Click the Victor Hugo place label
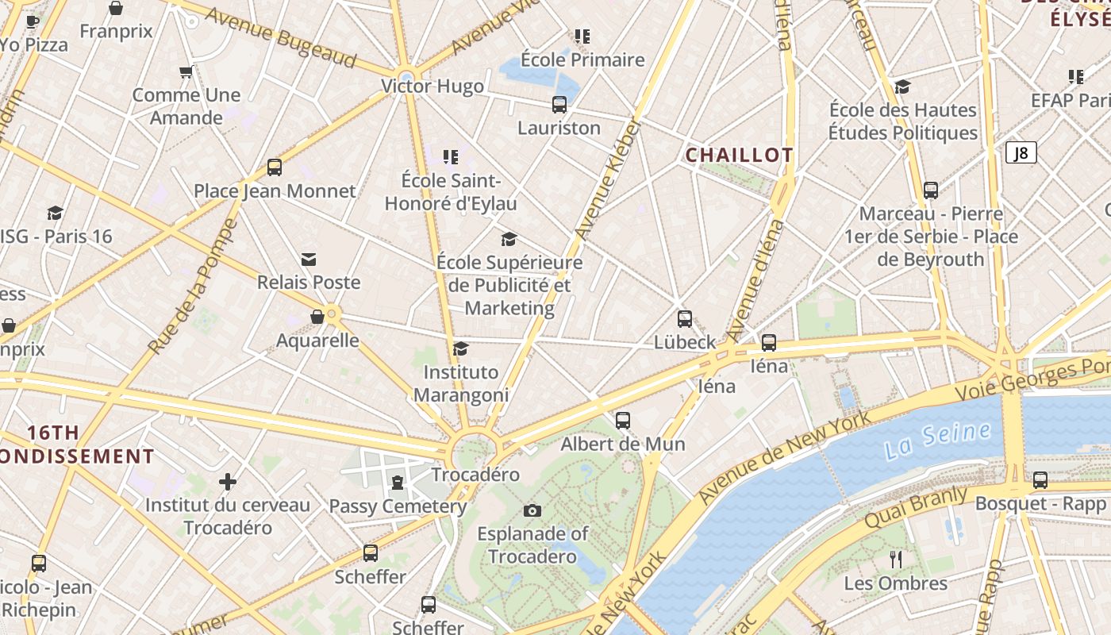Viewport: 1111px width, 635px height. [432, 87]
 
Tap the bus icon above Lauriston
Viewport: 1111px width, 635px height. [559, 104]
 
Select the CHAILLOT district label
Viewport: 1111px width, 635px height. [739, 156]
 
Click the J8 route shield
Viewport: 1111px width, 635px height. [1021, 152]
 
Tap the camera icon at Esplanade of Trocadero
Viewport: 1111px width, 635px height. [532, 510]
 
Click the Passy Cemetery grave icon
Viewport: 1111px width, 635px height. [398, 483]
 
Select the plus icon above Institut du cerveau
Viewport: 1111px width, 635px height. [228, 482]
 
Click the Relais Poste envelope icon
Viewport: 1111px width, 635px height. [309, 260]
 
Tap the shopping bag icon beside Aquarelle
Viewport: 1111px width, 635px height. [317, 317]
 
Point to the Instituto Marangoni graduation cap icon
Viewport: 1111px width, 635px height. [460, 349]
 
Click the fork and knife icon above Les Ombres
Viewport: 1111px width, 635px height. [896, 560]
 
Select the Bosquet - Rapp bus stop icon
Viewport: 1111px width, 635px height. [1040, 480]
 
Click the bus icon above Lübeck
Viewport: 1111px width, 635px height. [685, 319]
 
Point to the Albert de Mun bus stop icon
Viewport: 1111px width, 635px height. [623, 421]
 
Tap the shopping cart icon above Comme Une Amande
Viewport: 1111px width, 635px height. [186, 72]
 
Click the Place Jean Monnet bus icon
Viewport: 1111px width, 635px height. [275, 167]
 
